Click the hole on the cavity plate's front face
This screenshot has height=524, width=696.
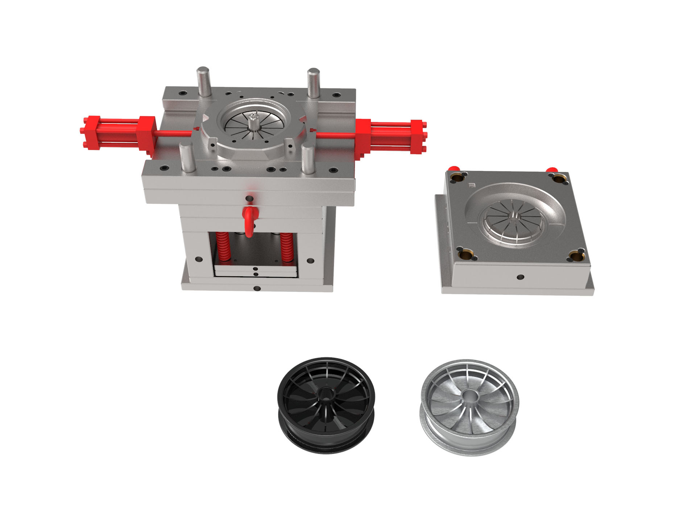click(x=521, y=277)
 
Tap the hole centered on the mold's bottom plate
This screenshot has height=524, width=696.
click(x=257, y=289)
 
